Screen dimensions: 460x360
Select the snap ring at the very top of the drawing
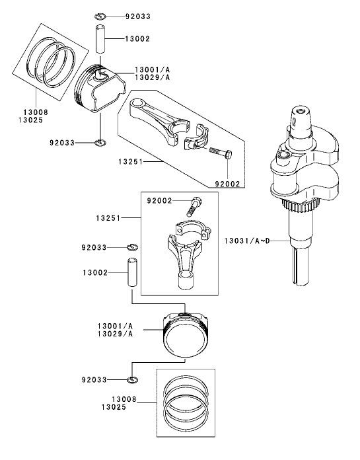coord(100,15)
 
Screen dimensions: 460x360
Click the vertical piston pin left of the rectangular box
coord(132,272)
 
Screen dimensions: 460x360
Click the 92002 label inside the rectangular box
coord(160,199)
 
